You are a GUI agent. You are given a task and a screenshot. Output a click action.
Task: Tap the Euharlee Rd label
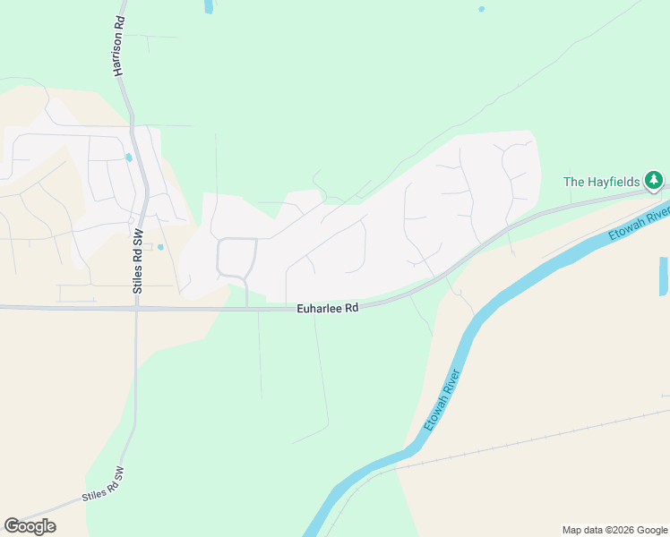[x=328, y=308]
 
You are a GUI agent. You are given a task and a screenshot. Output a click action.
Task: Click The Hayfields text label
[x=602, y=182]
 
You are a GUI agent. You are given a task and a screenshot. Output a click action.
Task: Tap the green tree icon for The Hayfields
[x=655, y=182]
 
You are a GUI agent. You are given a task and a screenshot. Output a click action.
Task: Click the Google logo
[x=30, y=526]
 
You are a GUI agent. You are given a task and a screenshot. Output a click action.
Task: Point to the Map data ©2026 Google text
[x=614, y=530]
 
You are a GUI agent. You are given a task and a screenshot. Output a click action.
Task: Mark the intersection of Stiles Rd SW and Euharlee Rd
[x=137, y=307]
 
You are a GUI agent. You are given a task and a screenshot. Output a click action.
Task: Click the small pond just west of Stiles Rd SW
[x=129, y=158]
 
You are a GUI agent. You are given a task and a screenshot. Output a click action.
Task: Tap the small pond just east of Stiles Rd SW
[x=160, y=247]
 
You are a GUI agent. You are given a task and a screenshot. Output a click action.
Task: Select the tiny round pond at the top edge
[x=481, y=9]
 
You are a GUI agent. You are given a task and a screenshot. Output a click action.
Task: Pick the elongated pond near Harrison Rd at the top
[x=209, y=6]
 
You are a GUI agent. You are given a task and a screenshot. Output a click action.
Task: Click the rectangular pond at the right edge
[x=663, y=277]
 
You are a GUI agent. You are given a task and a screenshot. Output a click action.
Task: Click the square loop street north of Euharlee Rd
[x=236, y=257]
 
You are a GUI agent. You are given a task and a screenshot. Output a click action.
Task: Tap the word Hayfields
[x=614, y=182]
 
